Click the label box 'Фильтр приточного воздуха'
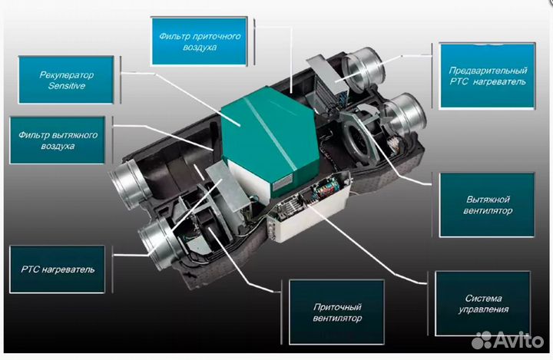[x=199, y=41]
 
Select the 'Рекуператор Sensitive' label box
[x=66, y=80]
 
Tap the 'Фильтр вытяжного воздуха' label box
[x=58, y=140]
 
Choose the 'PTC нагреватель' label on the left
[x=58, y=269]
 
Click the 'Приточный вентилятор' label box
[x=337, y=312]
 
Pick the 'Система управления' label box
[x=483, y=304]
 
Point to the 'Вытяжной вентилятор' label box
[x=488, y=205]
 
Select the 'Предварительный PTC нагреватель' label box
[x=488, y=76]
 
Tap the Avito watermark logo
[x=507, y=340]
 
